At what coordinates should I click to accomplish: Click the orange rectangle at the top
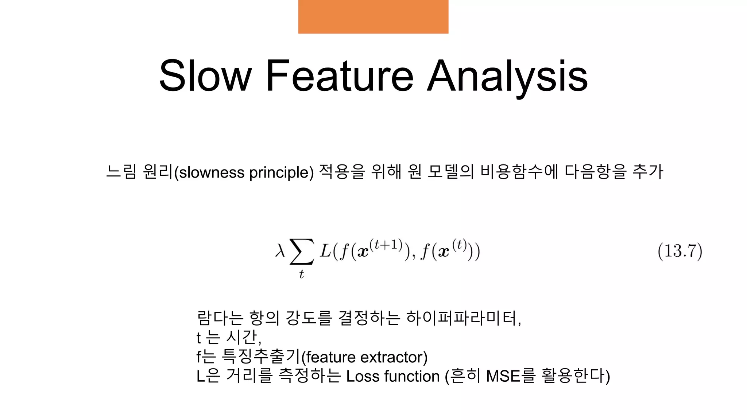point(373,17)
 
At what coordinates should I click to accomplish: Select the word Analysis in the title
point(507,77)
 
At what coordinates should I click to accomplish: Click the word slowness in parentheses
point(212,172)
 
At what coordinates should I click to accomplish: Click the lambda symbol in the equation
point(280,251)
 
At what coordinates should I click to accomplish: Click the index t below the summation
point(301,274)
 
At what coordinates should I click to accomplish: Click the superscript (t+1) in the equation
point(386,245)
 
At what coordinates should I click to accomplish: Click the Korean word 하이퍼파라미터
point(463,318)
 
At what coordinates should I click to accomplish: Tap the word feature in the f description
point(330,357)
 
